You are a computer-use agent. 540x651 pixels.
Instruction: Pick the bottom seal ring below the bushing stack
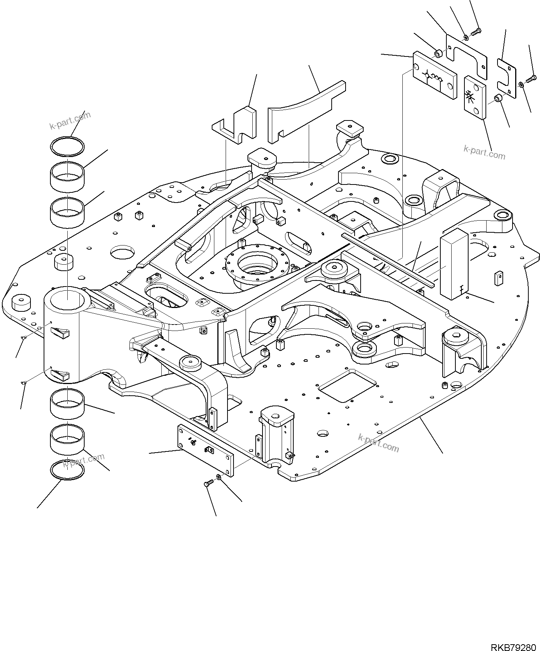tap(67, 471)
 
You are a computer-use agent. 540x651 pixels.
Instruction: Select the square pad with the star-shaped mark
tap(474, 97)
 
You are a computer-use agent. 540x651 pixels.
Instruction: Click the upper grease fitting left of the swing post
tap(23, 337)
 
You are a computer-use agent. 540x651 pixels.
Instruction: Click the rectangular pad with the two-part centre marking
tap(435, 76)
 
